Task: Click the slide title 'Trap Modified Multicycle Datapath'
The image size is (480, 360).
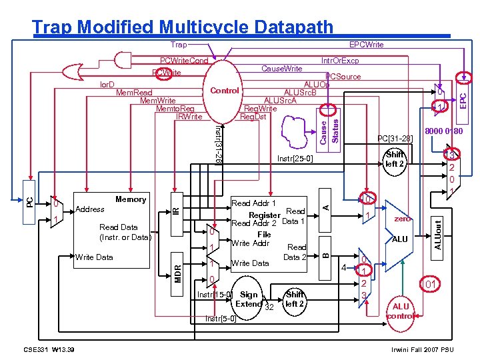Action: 182,27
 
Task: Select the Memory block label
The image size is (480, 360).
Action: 131,199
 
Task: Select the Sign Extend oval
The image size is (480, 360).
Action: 250,299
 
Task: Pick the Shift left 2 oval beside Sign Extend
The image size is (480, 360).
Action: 294,299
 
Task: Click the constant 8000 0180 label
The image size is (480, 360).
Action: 443,131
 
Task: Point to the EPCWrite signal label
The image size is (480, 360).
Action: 367,45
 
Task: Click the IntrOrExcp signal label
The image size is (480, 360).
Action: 340,60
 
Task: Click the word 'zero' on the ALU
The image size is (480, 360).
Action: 402,218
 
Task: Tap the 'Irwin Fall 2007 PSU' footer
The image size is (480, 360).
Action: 423,349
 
